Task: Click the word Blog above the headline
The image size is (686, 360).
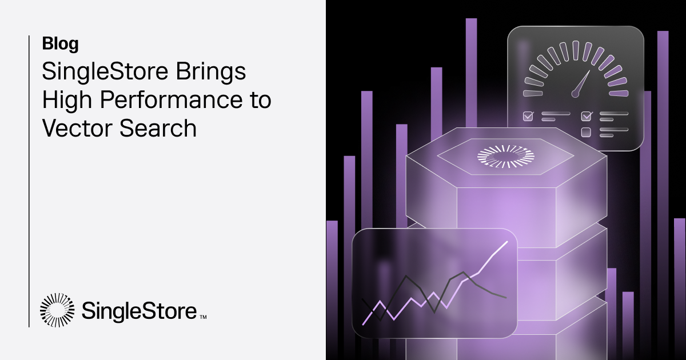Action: tap(60, 43)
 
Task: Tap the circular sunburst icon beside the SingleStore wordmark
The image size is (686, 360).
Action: tap(57, 310)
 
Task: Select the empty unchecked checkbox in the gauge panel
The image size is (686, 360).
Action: tap(586, 133)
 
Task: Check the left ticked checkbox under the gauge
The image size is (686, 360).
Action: tap(528, 117)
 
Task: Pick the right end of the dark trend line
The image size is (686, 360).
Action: tap(505, 297)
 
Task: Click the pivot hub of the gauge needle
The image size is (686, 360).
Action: tap(576, 93)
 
